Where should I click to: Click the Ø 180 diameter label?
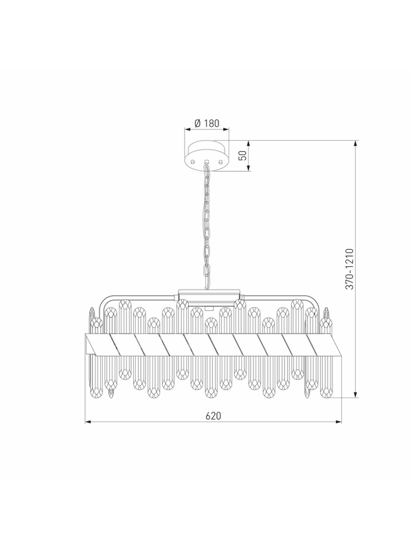(207, 123)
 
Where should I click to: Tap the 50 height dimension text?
(242, 156)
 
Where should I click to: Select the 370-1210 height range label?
(350, 269)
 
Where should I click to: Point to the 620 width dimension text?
(214, 416)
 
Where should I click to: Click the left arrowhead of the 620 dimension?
(89, 422)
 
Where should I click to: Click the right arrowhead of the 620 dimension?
(339, 422)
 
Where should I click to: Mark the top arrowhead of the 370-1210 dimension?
(356, 143)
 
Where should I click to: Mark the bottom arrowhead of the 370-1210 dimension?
(356, 395)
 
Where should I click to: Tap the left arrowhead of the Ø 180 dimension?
(187, 130)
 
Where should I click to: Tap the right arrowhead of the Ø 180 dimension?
(226, 130)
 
